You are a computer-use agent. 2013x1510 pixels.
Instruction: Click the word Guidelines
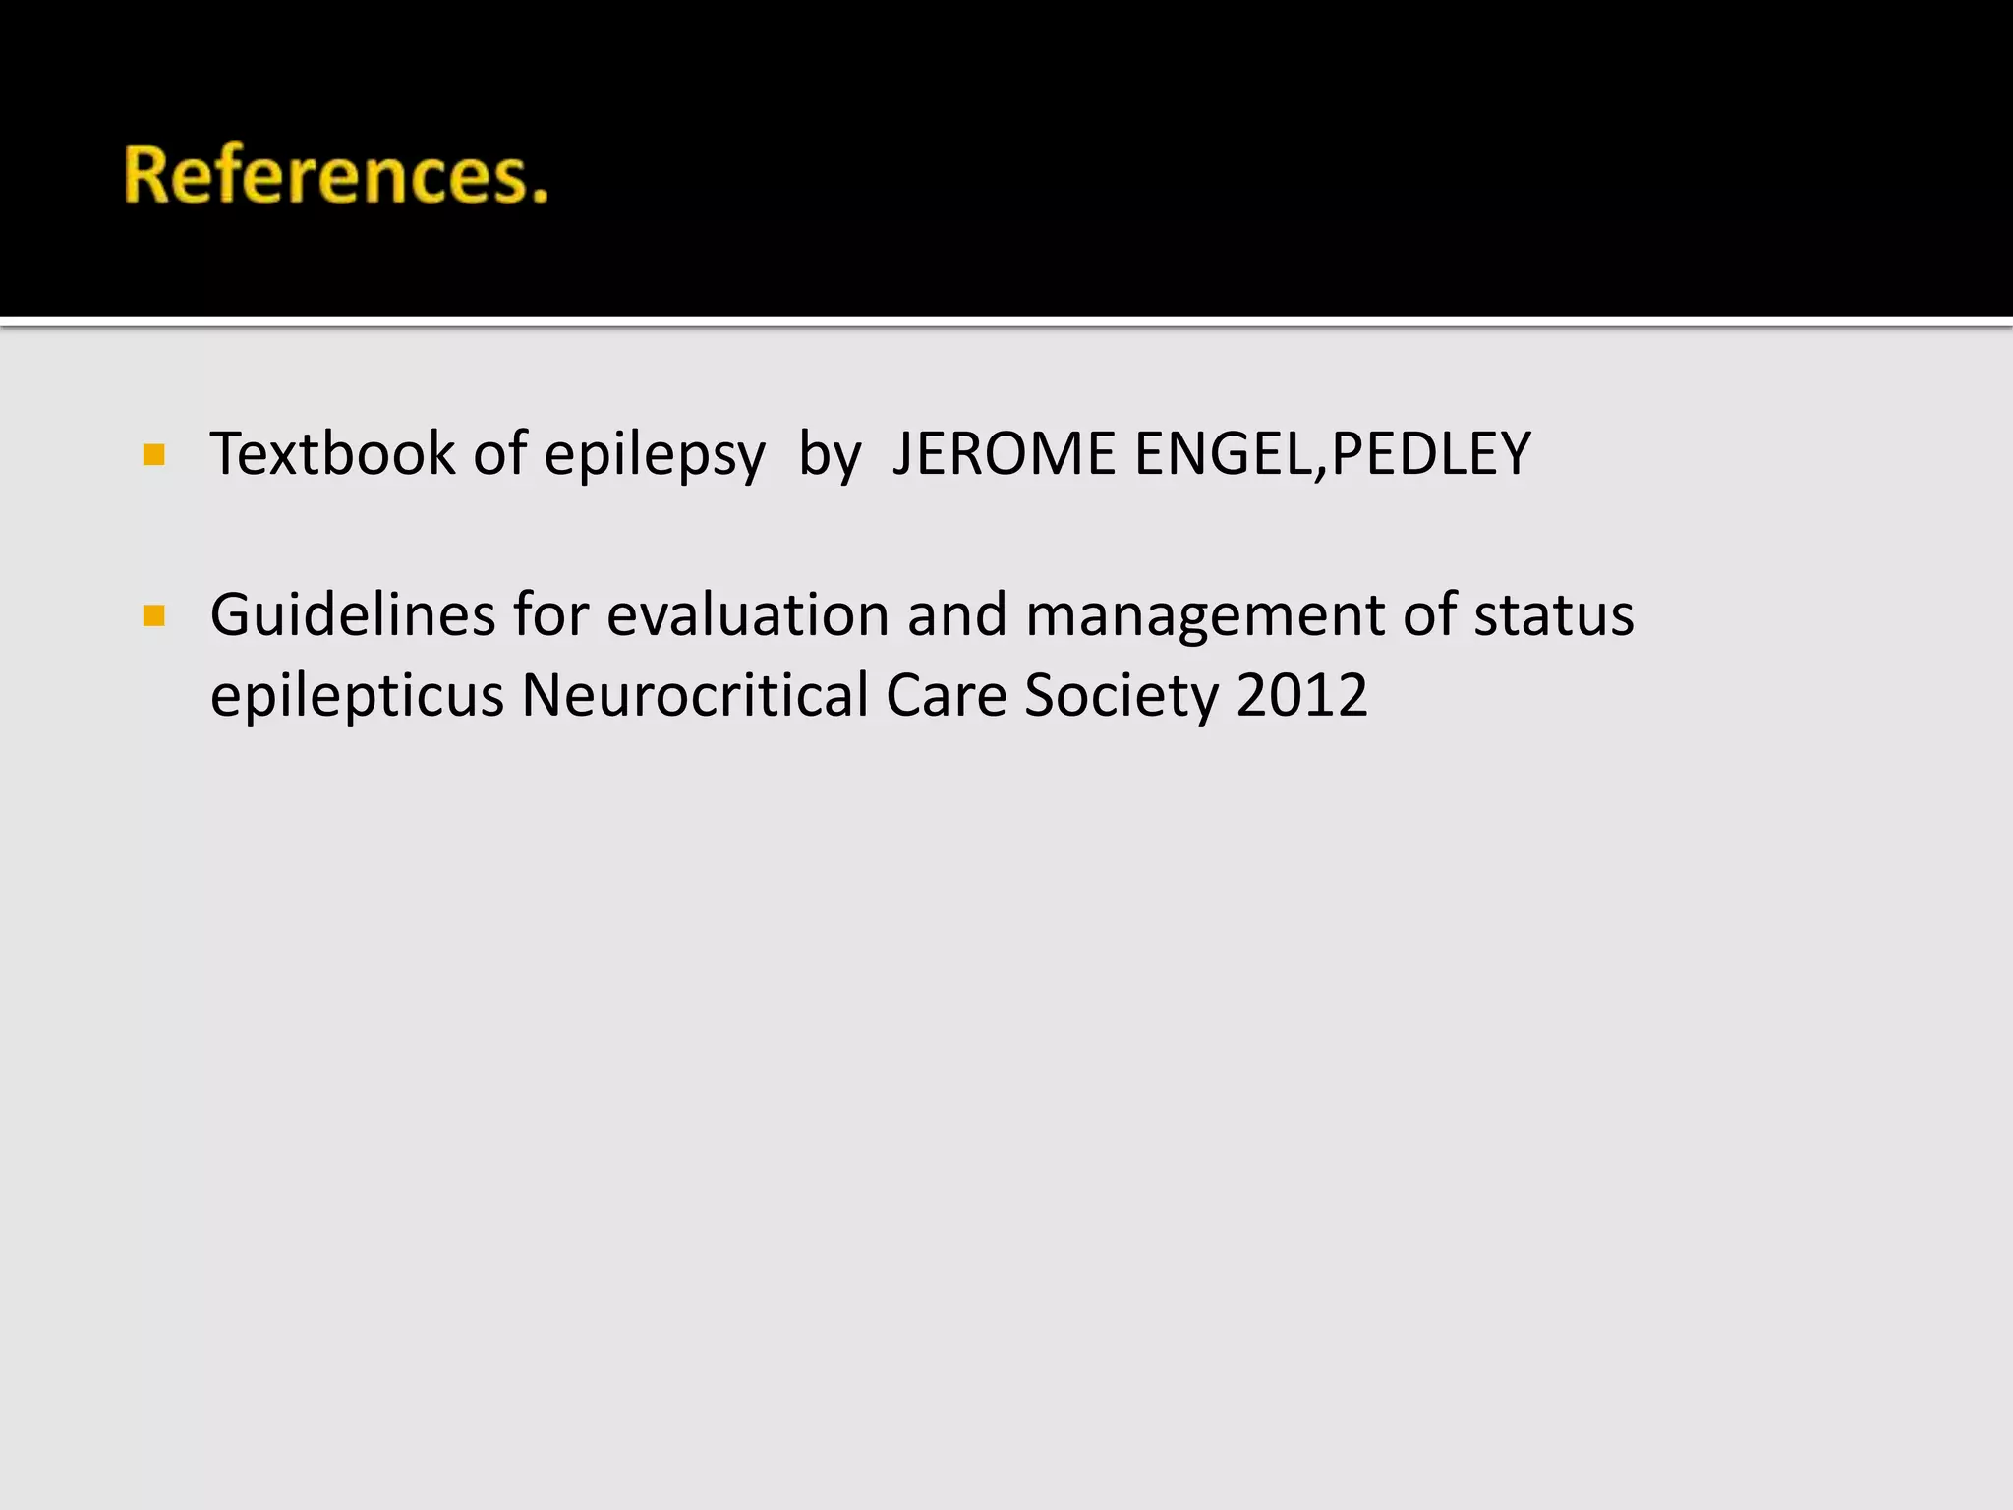[x=352, y=615]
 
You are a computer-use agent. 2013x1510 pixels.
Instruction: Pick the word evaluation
[x=748, y=615]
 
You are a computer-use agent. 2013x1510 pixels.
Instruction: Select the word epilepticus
[x=357, y=696]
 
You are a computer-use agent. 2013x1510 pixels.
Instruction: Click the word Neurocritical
[x=694, y=695]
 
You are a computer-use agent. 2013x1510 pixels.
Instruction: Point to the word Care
[x=946, y=695]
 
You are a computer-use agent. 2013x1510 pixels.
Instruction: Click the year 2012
[x=1301, y=695]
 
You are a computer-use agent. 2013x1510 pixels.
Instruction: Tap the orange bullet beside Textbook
[x=153, y=454]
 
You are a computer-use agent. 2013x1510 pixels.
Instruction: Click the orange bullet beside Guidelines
[x=153, y=616]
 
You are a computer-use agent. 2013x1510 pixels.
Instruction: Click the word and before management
[x=956, y=615]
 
